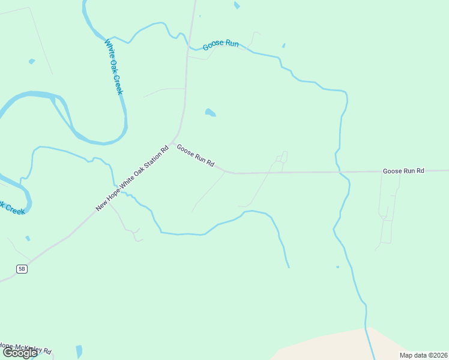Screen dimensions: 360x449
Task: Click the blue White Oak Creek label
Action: pos(113,67)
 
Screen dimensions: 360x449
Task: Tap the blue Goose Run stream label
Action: pos(221,44)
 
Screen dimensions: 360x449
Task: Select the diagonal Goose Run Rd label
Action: pos(196,155)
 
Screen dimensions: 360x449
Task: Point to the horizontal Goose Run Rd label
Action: pos(403,171)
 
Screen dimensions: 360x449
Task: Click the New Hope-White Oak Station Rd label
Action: pos(133,178)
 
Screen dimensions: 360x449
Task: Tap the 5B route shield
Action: pos(22,269)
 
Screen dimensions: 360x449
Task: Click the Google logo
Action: pos(20,353)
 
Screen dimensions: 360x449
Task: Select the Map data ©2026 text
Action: pos(423,355)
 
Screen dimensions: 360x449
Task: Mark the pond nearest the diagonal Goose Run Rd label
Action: pos(209,112)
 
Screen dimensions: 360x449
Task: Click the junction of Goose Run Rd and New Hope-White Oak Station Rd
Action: pos(173,143)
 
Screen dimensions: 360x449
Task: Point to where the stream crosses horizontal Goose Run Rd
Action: pos(340,173)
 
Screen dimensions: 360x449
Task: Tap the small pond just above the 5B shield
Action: pos(28,239)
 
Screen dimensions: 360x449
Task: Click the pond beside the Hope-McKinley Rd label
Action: pos(79,351)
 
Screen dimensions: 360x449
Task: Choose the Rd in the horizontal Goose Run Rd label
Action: pos(420,171)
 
